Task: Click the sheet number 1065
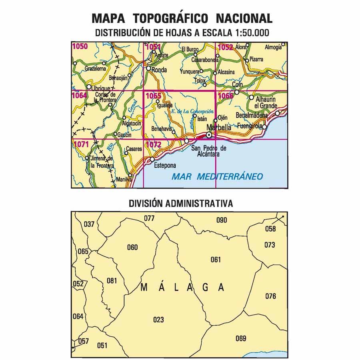click(153, 96)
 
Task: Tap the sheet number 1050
click(80, 47)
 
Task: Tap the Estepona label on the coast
click(162, 164)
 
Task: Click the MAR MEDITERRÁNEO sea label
click(217, 176)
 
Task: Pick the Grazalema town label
click(95, 69)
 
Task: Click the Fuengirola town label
click(250, 126)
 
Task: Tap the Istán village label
click(202, 119)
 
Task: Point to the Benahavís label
click(162, 129)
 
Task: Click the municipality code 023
click(158, 320)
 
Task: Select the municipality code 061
click(216, 260)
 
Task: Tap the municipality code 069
click(241, 339)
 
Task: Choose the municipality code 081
click(112, 280)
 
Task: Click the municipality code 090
click(222, 220)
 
